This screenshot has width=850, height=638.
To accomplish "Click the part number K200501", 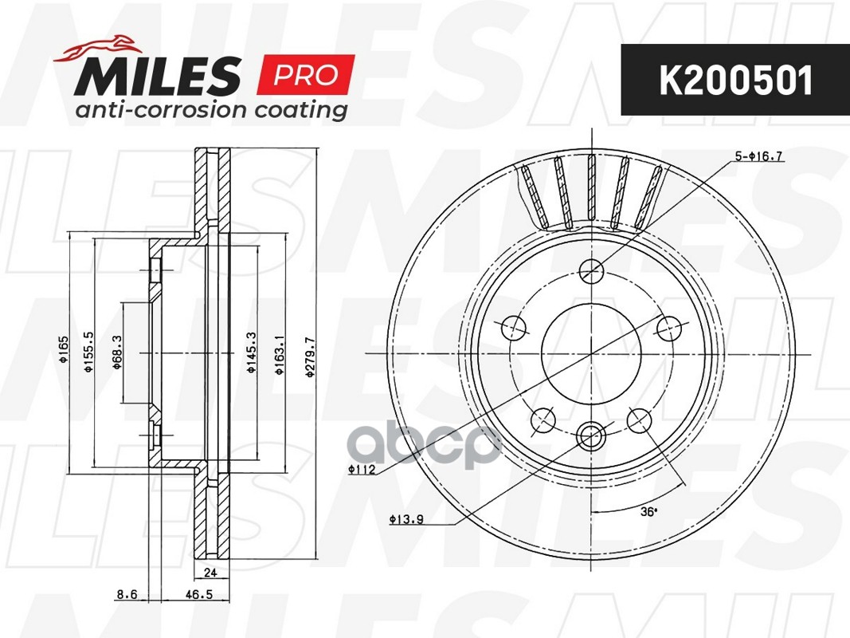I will [x=734, y=81].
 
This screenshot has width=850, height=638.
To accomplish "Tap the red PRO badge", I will [x=306, y=75].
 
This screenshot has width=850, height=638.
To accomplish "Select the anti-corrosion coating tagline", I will [x=210, y=109].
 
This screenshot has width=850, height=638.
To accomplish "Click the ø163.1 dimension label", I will [x=279, y=360].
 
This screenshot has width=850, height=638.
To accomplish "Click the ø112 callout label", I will [x=362, y=470].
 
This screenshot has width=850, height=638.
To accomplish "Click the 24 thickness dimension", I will [x=211, y=571].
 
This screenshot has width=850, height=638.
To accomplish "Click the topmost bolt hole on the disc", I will [x=591, y=271].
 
